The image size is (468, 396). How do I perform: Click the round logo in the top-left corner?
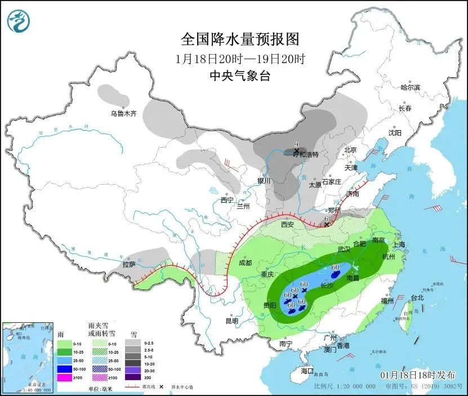[18, 21]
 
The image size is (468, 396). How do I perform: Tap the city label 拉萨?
[129, 265]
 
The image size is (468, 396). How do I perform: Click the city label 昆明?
[231, 321]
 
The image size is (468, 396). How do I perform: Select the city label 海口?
[306, 371]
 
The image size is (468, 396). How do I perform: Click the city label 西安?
[287, 224]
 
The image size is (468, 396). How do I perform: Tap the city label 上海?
[399, 244]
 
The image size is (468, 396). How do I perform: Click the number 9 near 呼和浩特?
[296, 144]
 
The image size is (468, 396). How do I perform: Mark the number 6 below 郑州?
[326, 219]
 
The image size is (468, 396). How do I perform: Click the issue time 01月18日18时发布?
[417, 375]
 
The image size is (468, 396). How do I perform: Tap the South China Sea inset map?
[28, 356]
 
